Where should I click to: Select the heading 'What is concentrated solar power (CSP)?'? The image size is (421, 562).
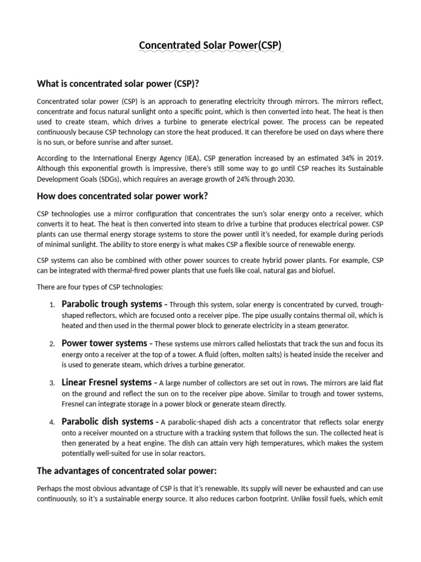click(x=118, y=83)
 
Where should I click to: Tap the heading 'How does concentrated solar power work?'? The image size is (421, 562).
click(x=122, y=196)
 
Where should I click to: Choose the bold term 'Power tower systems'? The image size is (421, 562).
click(x=104, y=343)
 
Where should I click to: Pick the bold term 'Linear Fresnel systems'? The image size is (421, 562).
click(x=106, y=382)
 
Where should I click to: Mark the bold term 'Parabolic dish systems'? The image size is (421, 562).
click(x=107, y=421)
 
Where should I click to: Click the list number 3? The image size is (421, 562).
click(x=52, y=383)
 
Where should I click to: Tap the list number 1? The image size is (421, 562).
click(x=52, y=305)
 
